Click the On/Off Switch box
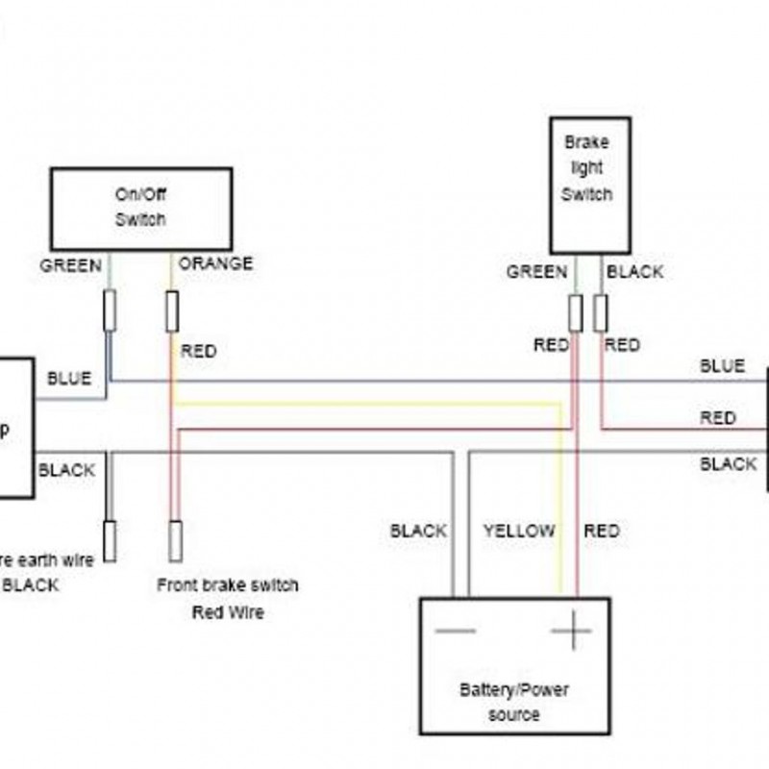tap(140, 209)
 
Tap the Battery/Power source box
tap(514, 665)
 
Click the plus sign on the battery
tap(571, 632)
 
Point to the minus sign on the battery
tap(455, 632)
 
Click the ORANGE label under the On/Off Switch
tap(215, 263)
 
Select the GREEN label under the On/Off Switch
tap(70, 265)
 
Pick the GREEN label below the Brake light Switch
tap(536, 272)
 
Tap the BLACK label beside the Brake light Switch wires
tap(634, 272)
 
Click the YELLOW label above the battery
tap(519, 531)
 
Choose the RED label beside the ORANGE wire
tap(199, 352)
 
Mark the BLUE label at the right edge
tap(722, 366)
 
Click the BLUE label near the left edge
tap(69, 379)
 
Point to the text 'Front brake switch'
tap(228, 585)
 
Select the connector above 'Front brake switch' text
tap(175, 540)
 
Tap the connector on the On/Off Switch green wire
tap(110, 310)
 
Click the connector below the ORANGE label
tap(172, 310)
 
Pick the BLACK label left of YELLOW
tap(418, 531)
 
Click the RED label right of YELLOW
tap(602, 531)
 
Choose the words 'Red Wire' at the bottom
tap(228, 612)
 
